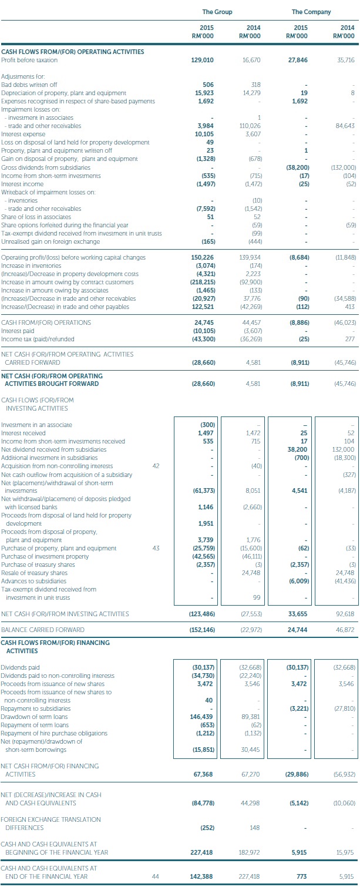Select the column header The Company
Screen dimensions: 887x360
tap(311, 12)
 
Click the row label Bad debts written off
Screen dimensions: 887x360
tap(29, 85)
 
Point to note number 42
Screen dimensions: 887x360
tap(155, 466)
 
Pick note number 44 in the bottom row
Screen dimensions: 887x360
tap(155, 877)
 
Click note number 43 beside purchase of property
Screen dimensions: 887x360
tap(155, 549)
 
